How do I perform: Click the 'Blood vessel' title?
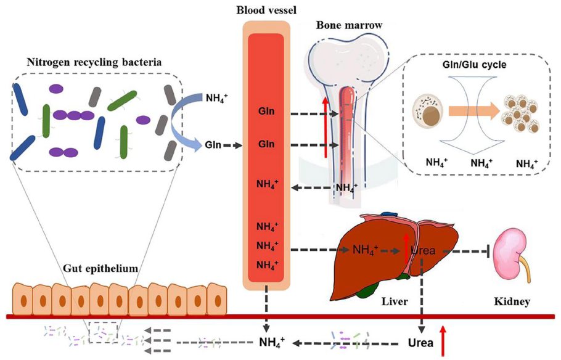266,10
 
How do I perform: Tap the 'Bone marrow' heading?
349,25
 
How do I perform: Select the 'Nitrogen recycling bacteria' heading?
94,62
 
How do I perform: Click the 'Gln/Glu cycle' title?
475,65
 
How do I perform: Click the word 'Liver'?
395,301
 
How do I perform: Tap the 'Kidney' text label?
512,301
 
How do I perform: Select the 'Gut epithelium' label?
100,268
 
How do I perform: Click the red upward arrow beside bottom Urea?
443,340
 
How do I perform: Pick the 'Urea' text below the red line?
420,343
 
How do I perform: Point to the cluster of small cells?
522,113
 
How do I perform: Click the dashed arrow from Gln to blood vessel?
232,145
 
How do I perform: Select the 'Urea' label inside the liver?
424,250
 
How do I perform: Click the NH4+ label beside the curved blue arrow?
217,97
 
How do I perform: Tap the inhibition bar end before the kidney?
488,252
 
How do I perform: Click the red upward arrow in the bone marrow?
326,127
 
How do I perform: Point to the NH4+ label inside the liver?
366,250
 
